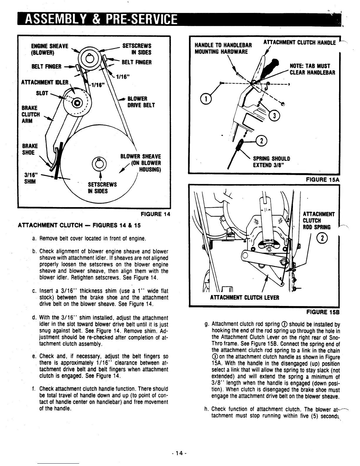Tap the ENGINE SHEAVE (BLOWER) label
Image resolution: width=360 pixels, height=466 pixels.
(49, 49)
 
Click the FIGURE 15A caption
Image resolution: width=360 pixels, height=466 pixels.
(323, 179)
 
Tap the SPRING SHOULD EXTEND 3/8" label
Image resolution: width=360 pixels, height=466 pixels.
(272, 162)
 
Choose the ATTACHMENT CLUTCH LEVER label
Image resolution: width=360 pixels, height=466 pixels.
(244, 297)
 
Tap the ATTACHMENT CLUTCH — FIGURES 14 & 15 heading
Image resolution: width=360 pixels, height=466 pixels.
(79, 225)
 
